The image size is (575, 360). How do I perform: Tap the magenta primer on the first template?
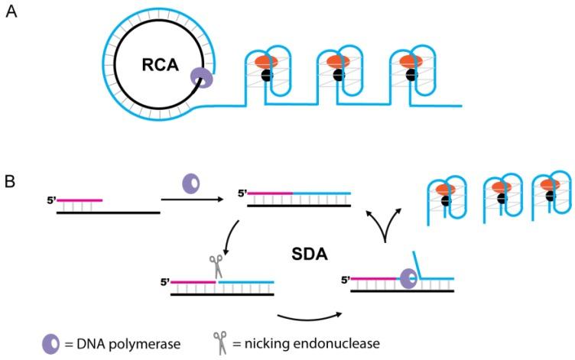pyautogui.click(x=79, y=200)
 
